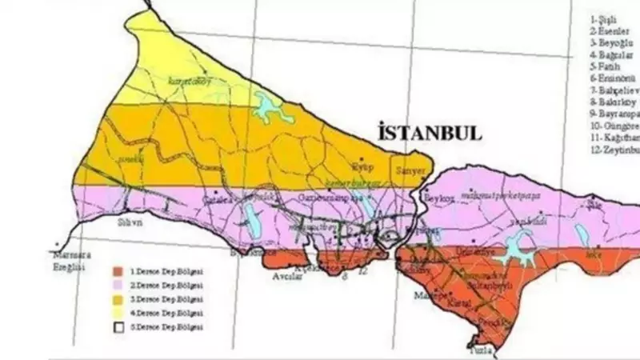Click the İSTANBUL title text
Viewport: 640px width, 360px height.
pyautogui.click(x=430, y=133)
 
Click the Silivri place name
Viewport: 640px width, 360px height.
pyautogui.click(x=130, y=223)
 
